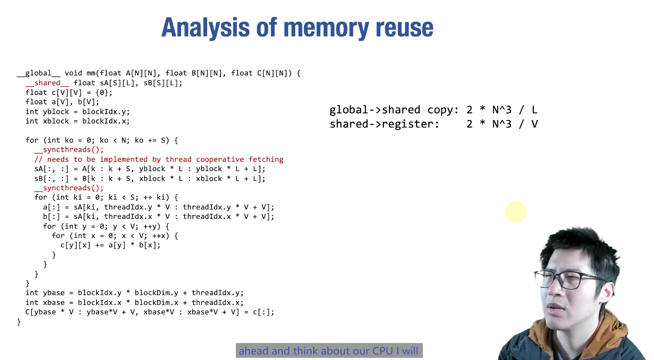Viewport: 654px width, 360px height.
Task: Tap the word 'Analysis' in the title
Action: coord(205,28)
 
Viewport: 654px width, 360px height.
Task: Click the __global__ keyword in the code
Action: coord(39,73)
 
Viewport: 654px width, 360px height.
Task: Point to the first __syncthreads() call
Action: coord(69,150)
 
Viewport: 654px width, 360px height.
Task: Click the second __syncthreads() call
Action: coord(69,188)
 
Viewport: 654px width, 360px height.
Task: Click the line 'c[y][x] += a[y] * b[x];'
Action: coord(110,245)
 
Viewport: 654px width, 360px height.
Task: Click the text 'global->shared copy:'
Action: coord(394,110)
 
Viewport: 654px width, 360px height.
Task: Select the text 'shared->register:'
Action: coord(384,124)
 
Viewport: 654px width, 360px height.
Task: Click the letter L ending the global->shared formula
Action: coord(534,110)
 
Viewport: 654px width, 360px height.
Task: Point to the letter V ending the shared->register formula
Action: coord(534,124)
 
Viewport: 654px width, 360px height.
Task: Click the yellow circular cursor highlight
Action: coord(516,212)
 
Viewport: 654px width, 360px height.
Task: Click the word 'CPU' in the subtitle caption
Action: coord(382,351)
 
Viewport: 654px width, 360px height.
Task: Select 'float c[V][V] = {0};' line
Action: coord(69,93)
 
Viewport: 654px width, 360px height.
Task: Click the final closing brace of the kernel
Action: coord(19,322)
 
